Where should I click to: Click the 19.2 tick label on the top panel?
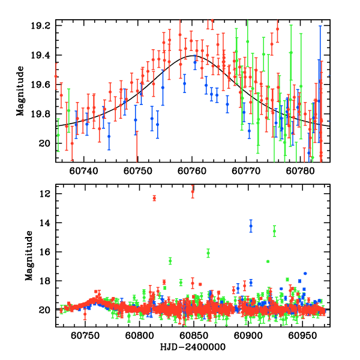point(43,26)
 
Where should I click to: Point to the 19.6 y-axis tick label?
point(43,85)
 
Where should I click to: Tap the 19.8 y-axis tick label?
point(43,115)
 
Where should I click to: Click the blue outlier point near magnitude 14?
point(251,226)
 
